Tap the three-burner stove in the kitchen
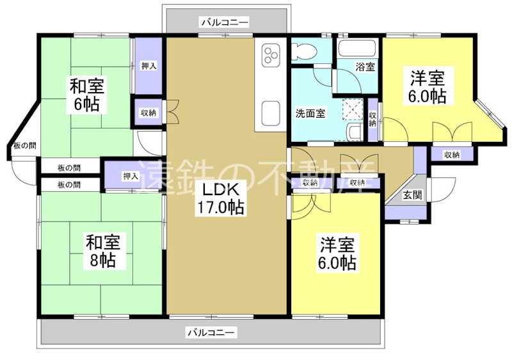click(x=269, y=55)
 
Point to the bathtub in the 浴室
click(x=357, y=49)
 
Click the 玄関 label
click(x=412, y=195)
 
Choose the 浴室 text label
click(x=365, y=66)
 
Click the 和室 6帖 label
click(x=88, y=95)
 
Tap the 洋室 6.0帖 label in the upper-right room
click(x=428, y=88)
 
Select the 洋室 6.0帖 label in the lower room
click(x=338, y=253)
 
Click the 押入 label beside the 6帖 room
click(x=148, y=66)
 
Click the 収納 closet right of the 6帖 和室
click(x=148, y=113)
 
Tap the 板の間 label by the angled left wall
click(x=24, y=146)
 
